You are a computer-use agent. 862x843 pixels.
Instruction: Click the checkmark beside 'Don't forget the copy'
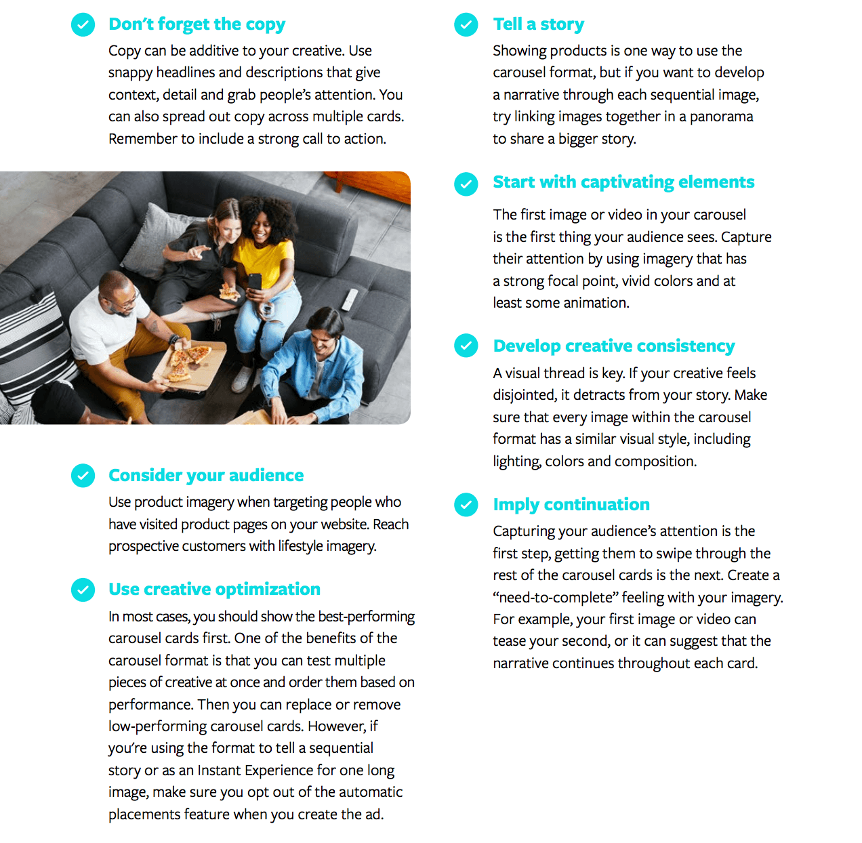[83, 25]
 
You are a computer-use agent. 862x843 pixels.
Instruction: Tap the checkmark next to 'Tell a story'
[466, 25]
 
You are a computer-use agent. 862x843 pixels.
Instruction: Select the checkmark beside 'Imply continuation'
[466, 505]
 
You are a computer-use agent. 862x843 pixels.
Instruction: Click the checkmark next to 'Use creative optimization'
[83, 590]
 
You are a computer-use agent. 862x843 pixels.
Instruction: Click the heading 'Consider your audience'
[206, 476]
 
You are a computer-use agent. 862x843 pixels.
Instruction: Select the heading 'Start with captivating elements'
[623, 182]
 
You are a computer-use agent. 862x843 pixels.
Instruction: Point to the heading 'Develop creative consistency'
[614, 346]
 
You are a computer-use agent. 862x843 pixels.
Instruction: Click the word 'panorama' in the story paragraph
[721, 117]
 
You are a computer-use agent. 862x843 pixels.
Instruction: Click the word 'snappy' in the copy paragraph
[130, 73]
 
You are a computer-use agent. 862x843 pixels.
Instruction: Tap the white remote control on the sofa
[350, 299]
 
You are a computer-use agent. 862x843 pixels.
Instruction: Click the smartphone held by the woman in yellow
[254, 282]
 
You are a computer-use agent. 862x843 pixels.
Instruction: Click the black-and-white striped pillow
[27, 346]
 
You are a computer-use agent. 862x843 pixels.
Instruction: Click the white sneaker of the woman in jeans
[242, 379]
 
